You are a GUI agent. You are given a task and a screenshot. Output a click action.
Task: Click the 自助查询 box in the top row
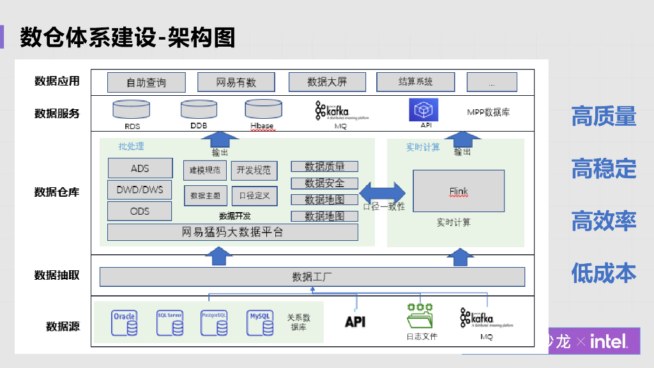pos(146,82)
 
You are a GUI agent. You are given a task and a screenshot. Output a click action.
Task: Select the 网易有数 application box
pos(236,82)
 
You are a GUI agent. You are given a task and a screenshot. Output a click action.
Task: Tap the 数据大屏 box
pos(327,82)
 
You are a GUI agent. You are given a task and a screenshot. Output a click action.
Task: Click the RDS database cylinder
pos(132,109)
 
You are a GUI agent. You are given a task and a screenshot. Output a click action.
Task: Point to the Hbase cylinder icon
pos(262,109)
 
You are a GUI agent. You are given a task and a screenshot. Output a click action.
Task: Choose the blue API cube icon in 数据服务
pos(423,110)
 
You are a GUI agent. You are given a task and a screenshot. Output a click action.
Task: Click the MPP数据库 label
pos(488,112)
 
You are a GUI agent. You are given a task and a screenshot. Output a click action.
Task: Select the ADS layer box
pos(140,169)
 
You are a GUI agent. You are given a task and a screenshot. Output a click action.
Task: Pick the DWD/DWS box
pos(140,190)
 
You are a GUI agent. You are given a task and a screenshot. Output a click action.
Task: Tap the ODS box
pos(140,211)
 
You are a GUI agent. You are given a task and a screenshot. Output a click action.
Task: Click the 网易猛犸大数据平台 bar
pos(232,233)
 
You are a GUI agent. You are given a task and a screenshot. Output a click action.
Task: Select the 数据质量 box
pos(324,167)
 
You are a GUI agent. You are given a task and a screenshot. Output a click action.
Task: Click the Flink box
pos(459,192)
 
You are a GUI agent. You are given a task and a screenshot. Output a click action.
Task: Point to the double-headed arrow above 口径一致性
pos(383,192)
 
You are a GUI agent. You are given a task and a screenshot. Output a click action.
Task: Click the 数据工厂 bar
pos(312,277)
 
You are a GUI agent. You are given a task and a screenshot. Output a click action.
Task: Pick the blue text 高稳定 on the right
pos(604,169)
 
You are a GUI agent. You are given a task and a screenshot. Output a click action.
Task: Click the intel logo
pos(609,342)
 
